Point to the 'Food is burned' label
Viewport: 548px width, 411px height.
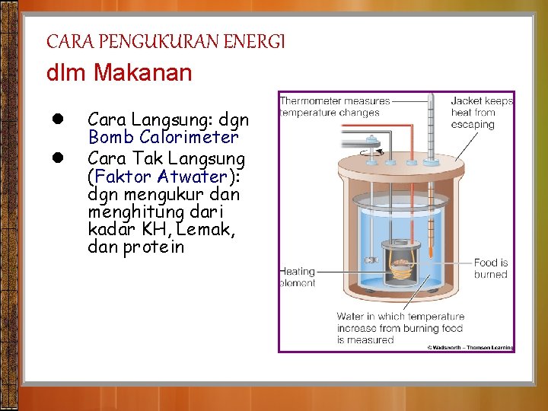point(490,268)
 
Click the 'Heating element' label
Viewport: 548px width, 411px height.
point(297,277)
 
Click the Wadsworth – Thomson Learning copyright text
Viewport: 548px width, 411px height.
point(470,347)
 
